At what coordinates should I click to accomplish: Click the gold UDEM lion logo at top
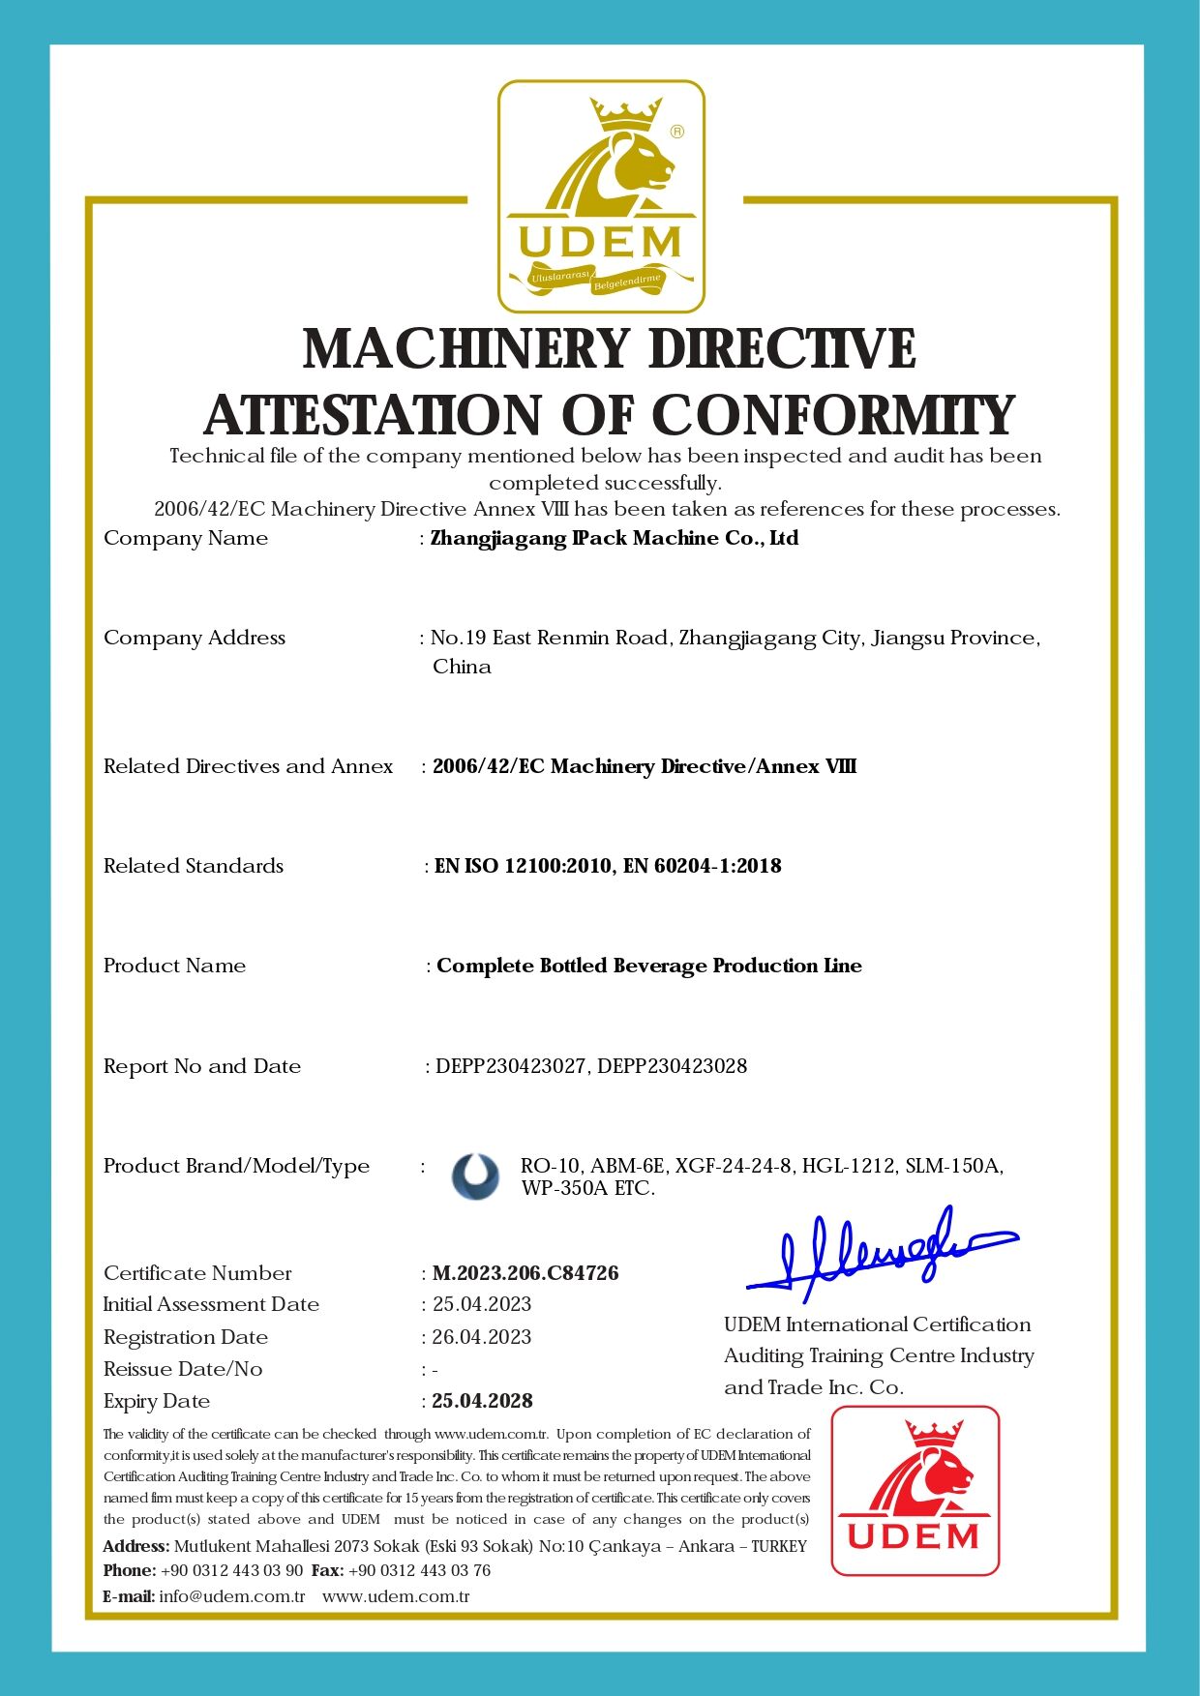click(x=601, y=196)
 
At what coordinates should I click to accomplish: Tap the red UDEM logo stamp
click(x=915, y=1491)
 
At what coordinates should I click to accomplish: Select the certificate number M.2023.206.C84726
click(x=525, y=1273)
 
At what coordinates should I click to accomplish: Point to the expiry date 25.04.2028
click(x=482, y=1401)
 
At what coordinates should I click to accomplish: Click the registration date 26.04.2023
click(x=482, y=1337)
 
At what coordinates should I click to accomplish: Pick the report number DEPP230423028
click(x=673, y=1066)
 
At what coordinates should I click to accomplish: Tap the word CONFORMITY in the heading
click(x=833, y=416)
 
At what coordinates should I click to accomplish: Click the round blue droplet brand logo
click(x=475, y=1176)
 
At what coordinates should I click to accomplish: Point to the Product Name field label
click(x=175, y=966)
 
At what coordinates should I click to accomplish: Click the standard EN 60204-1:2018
click(x=703, y=866)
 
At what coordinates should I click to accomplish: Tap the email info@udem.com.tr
click(x=232, y=1596)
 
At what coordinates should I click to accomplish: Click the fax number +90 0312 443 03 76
click(x=419, y=1570)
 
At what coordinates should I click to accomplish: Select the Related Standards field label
click(x=194, y=866)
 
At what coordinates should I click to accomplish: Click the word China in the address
click(x=462, y=667)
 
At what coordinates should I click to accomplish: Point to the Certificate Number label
click(x=197, y=1273)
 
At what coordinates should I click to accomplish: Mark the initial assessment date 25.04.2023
click(x=482, y=1304)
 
